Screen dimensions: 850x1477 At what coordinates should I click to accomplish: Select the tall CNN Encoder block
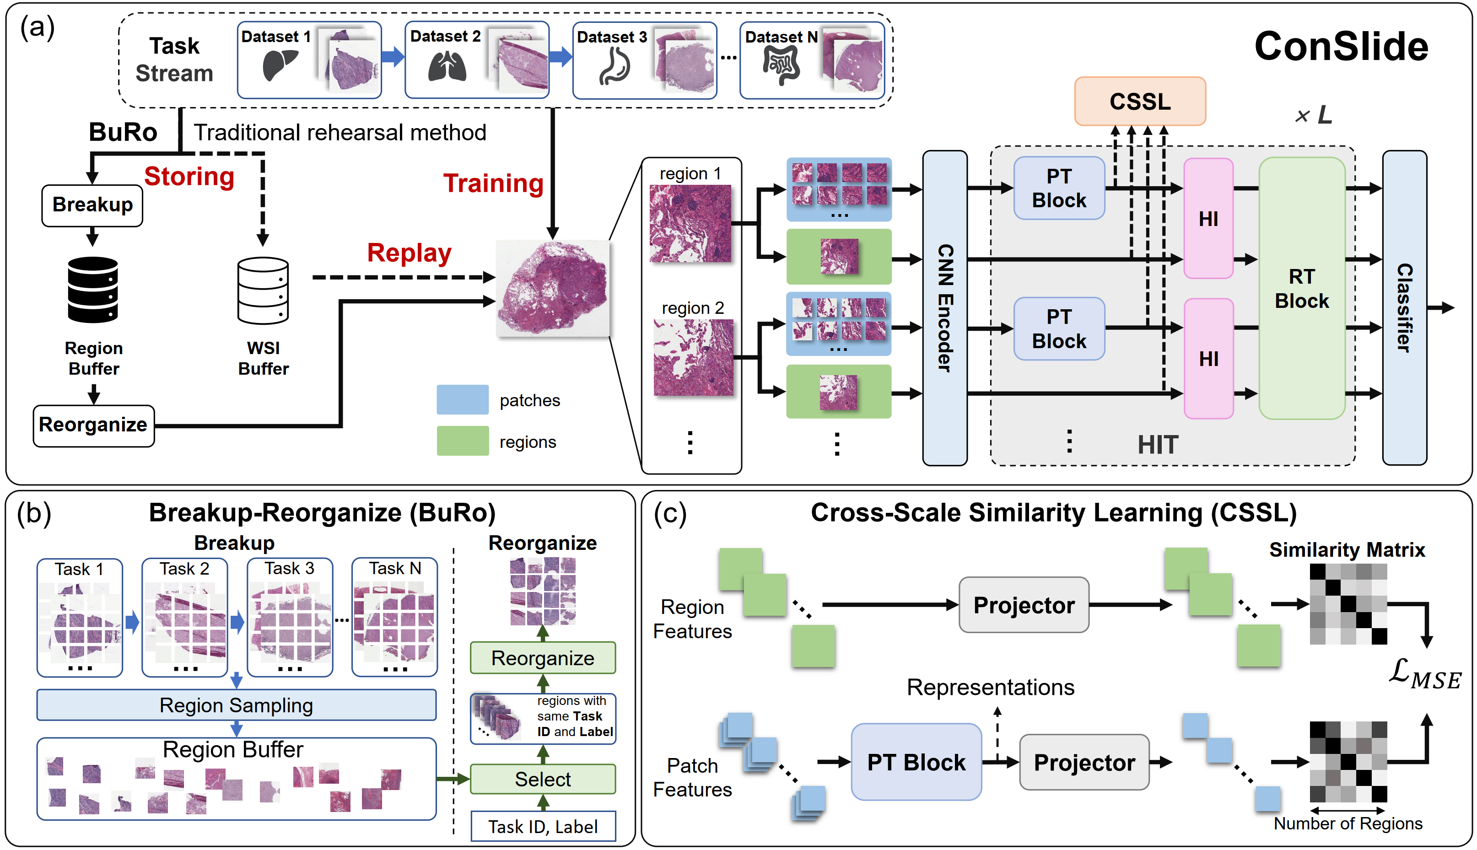[944, 308]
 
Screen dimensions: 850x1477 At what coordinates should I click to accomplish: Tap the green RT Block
[1301, 288]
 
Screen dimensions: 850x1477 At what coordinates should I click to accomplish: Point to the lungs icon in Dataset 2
[447, 66]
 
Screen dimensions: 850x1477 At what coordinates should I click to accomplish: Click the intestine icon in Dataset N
[781, 65]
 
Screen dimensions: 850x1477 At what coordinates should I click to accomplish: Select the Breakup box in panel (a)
[92, 205]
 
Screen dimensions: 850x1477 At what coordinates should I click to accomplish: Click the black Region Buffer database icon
[93, 290]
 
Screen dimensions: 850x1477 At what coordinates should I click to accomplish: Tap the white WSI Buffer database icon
[263, 290]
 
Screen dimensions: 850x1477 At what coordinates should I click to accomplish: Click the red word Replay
[409, 253]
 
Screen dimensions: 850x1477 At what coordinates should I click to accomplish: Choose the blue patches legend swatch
[463, 399]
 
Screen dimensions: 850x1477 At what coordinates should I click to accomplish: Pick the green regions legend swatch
[463, 441]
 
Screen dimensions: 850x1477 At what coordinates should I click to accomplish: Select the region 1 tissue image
[690, 224]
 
